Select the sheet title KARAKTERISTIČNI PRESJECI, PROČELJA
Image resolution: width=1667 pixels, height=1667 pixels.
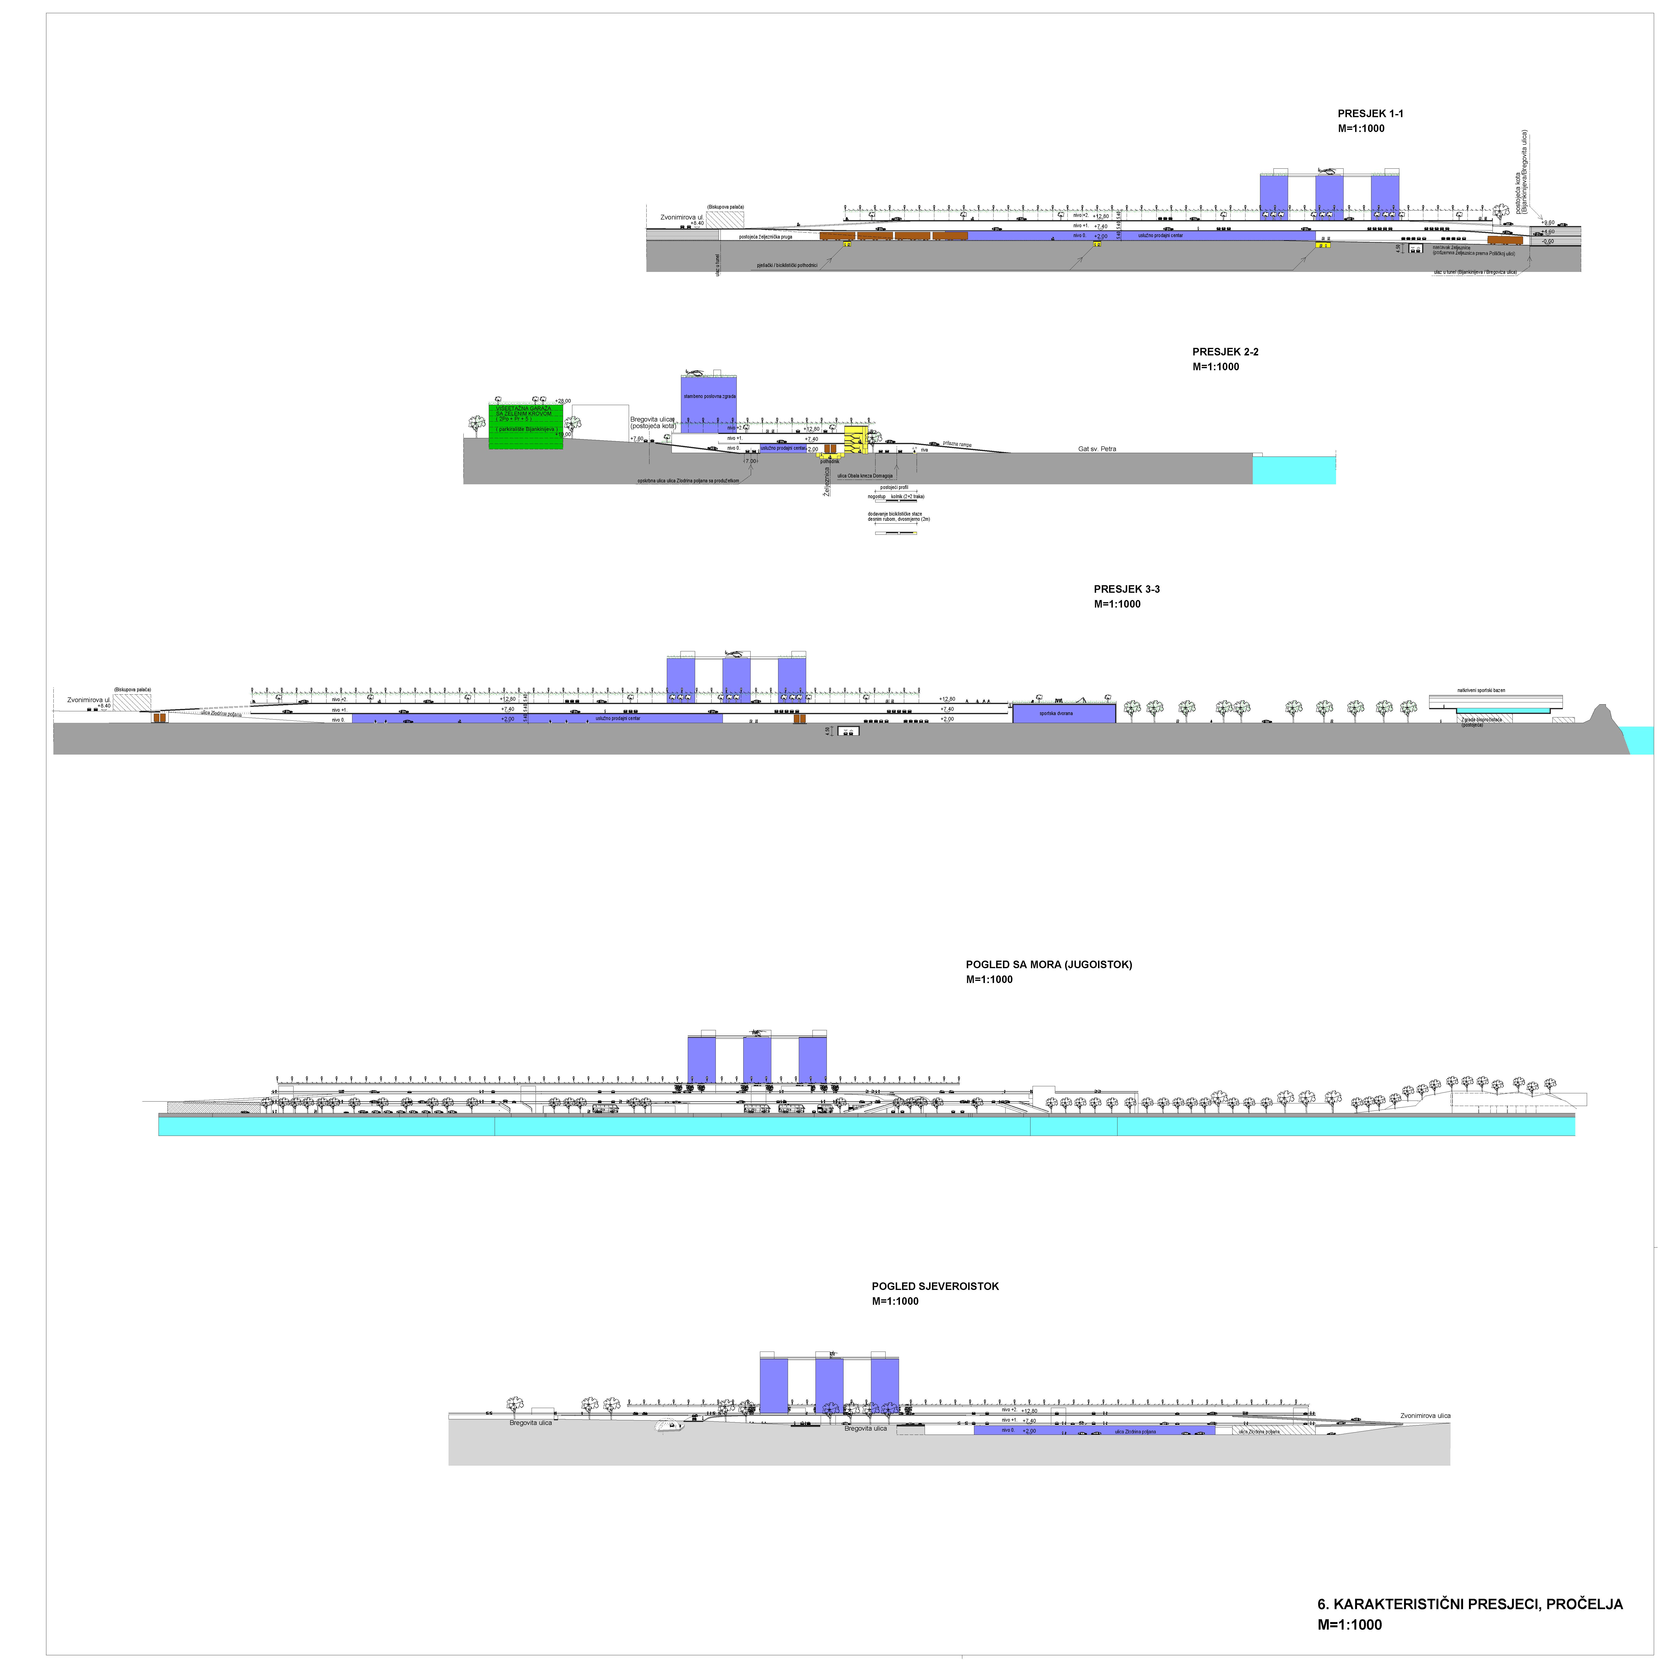point(1469,1604)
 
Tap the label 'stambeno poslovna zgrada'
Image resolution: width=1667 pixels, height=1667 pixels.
point(709,396)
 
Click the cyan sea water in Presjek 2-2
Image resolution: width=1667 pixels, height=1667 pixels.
point(1293,470)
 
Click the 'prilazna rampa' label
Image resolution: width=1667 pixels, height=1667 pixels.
point(957,444)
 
